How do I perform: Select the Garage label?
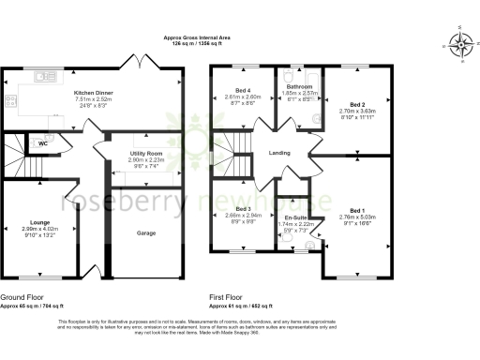(x=146, y=232)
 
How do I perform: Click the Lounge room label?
(x=40, y=222)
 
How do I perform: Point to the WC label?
(x=43, y=143)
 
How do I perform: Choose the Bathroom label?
(x=300, y=86)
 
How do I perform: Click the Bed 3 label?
(x=243, y=208)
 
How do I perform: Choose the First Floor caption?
(x=226, y=299)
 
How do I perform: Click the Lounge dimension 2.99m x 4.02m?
(x=40, y=229)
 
